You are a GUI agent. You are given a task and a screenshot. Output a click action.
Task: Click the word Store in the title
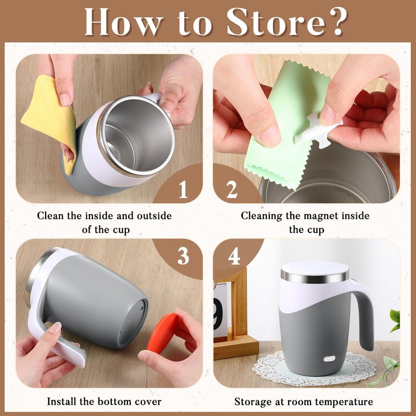point(276,22)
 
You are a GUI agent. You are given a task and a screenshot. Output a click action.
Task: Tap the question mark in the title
point(338,21)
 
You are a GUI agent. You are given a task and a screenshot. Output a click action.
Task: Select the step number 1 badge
point(183,190)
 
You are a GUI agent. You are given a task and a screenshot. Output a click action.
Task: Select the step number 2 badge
point(232,190)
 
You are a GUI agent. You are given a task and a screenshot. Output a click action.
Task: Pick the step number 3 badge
point(184,256)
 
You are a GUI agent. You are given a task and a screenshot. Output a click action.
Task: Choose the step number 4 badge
point(234,256)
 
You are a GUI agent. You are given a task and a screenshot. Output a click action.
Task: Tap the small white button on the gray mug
point(329,358)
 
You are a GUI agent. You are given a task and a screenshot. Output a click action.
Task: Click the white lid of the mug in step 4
point(315,268)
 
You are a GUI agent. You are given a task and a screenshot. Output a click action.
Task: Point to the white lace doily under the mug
point(315,369)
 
